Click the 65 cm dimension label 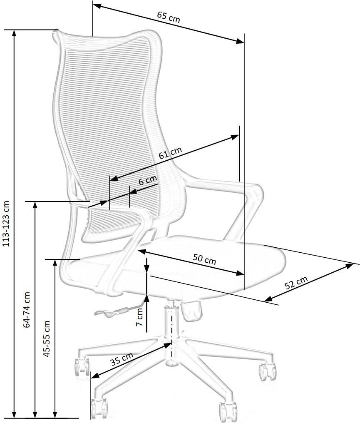tap(169, 17)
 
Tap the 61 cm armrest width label tap(170, 153)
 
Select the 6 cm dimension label tap(148, 180)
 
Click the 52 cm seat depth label tap(296, 282)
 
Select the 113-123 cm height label tap(6, 224)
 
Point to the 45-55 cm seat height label tap(47, 339)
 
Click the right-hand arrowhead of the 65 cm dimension tap(240, 41)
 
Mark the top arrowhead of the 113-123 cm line tap(15, 33)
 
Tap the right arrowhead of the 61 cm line tap(235, 137)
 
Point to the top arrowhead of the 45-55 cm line tap(55, 263)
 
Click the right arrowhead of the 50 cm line tap(240, 273)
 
